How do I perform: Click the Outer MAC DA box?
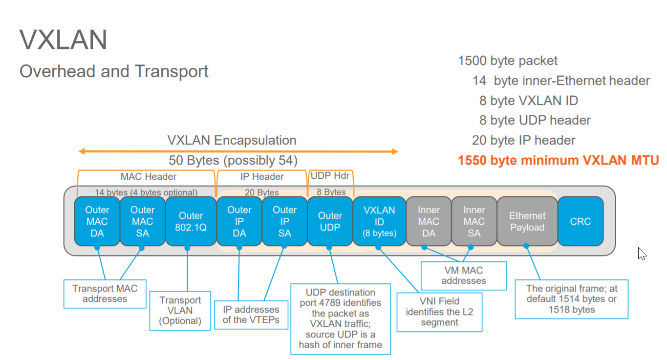(x=97, y=221)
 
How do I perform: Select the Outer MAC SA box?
(x=142, y=221)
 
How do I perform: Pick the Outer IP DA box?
(x=239, y=221)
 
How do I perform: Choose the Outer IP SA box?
(x=284, y=221)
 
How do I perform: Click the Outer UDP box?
(x=330, y=221)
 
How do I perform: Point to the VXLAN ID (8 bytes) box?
(x=379, y=221)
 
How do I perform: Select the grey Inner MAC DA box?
(x=429, y=221)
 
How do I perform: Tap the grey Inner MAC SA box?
(x=474, y=221)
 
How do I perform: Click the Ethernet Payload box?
(x=527, y=221)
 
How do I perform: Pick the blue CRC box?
(x=580, y=221)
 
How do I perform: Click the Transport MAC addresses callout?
(x=105, y=294)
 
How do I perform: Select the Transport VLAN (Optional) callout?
(x=180, y=311)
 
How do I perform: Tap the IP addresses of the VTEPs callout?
(x=251, y=315)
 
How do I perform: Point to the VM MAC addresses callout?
(x=464, y=275)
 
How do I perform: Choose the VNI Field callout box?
(x=439, y=312)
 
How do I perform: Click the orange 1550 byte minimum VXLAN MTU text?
(x=558, y=160)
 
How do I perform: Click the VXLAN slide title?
(x=63, y=40)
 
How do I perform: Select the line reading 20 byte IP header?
(x=523, y=140)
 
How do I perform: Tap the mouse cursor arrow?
(x=642, y=253)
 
